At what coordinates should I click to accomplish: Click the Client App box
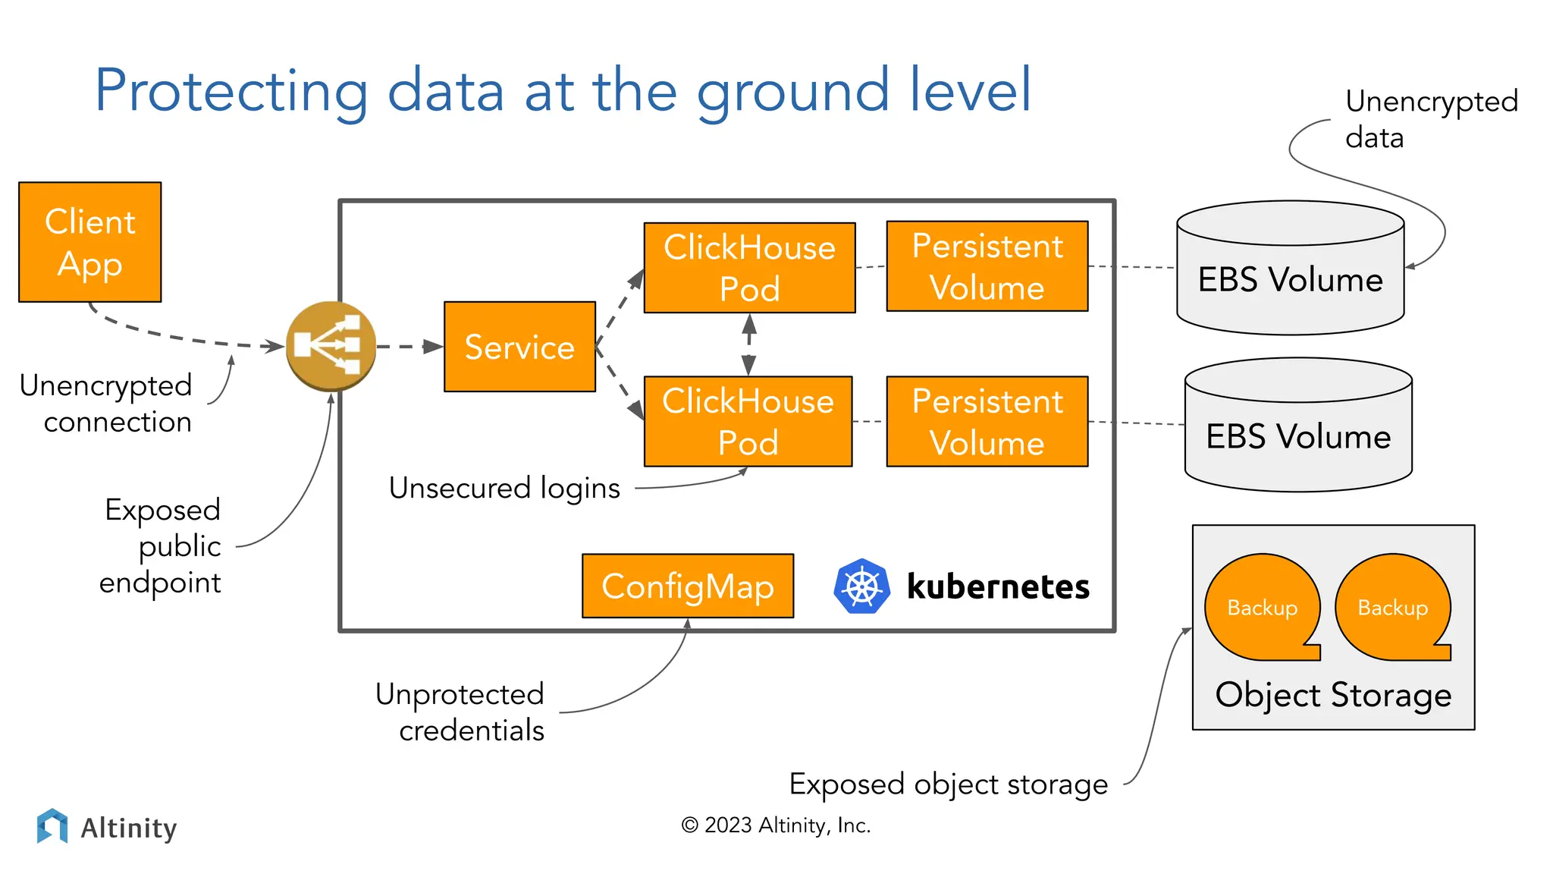(89, 242)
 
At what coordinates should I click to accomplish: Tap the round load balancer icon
(331, 346)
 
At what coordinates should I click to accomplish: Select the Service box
(519, 347)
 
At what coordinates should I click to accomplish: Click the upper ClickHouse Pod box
(749, 267)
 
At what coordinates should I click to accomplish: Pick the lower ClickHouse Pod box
(748, 421)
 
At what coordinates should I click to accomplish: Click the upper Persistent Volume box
(987, 266)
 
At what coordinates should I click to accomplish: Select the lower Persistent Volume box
(987, 421)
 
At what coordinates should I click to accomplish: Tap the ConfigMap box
(688, 586)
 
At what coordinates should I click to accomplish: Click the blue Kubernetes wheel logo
(861, 586)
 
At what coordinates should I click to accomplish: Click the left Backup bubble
(1263, 608)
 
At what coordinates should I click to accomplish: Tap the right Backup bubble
(1393, 608)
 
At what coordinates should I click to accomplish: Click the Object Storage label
(1333, 695)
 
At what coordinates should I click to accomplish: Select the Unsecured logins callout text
(504, 488)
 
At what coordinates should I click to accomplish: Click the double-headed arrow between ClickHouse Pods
(749, 344)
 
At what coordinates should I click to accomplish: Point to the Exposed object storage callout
(948, 784)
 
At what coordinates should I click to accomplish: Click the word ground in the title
(792, 91)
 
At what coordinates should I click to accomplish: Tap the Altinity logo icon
(52, 825)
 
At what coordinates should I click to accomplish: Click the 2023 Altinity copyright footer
(776, 825)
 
